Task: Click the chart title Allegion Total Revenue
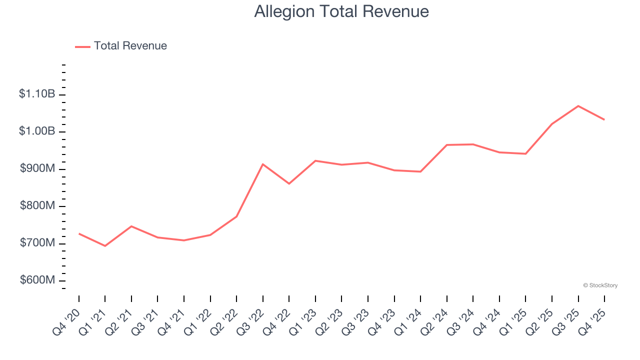tap(341, 11)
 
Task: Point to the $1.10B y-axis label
tap(37, 94)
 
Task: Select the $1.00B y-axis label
tap(37, 131)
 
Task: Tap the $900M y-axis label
tap(37, 168)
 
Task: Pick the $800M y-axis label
tap(37, 206)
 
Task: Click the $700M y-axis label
tap(37, 243)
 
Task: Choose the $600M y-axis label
tap(37, 280)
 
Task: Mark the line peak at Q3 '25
tap(578, 106)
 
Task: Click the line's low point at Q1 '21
tap(105, 246)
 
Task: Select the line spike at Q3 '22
tap(263, 164)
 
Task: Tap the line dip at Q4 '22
tap(289, 183)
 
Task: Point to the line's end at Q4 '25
tap(604, 119)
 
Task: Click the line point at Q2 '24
tap(446, 145)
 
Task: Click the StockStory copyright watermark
tap(600, 285)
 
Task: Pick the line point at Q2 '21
tap(131, 226)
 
